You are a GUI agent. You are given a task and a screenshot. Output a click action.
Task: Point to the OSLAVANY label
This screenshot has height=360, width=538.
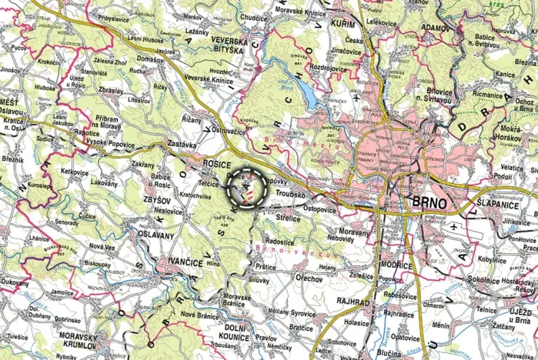coord(156,235)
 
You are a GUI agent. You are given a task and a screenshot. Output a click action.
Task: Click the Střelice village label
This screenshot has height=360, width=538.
coord(286,218)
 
